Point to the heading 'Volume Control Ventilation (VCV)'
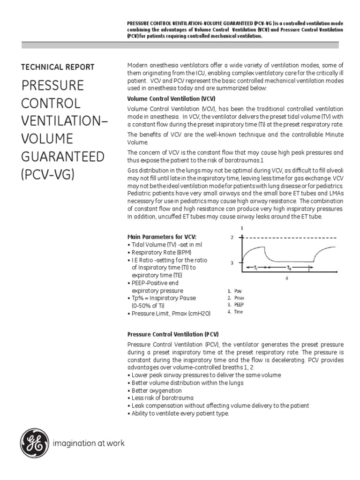pyautogui.click(x=171, y=99)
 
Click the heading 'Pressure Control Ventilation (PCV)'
pyautogui.click(x=173, y=335)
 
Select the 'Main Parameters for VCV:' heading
pyautogui.click(x=162, y=237)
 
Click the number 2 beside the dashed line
pyautogui.click(x=232, y=238)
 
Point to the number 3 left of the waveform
pyautogui.click(x=232, y=263)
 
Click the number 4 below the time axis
pyautogui.click(x=287, y=277)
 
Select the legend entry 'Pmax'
pyautogui.click(x=239, y=298)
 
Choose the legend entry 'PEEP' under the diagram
pyautogui.click(x=239, y=305)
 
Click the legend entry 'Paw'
pyautogui.click(x=238, y=291)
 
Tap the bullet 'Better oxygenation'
pyautogui.click(x=156, y=390)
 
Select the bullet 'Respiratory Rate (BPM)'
pyautogui.click(x=159, y=252)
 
